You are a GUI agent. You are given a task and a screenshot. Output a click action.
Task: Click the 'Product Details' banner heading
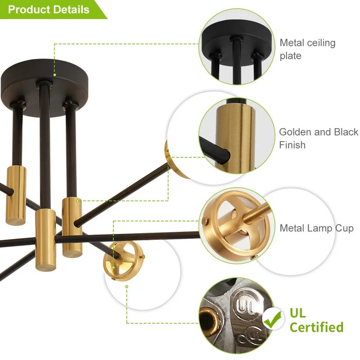pyautogui.click(x=49, y=9)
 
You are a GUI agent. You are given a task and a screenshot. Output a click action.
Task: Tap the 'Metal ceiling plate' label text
pyautogui.click(x=307, y=49)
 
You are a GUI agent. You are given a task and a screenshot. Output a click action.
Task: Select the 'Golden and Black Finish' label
pyautogui.click(x=319, y=138)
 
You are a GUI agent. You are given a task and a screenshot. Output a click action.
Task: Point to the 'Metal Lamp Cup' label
pyautogui.click(x=317, y=228)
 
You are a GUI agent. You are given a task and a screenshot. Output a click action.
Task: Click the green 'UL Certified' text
pyautogui.click(x=317, y=320)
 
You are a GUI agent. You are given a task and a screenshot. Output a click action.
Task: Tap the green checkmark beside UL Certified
pyautogui.click(x=273, y=319)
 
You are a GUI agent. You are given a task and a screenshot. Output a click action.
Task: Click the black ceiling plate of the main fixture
pyautogui.click(x=44, y=88)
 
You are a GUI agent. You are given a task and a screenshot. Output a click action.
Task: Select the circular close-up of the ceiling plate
pyautogui.click(x=237, y=47)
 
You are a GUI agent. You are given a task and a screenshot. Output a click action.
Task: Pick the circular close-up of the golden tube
pyautogui.click(x=237, y=136)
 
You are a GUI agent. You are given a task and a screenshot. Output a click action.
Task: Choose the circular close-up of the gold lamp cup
pyautogui.click(x=237, y=226)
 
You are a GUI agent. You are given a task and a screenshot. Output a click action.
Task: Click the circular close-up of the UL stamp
pyautogui.click(x=237, y=316)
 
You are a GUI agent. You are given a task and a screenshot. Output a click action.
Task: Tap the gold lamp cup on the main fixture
pyautogui.click(x=124, y=261)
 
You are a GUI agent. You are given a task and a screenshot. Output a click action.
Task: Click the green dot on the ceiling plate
pyautogui.click(x=54, y=75)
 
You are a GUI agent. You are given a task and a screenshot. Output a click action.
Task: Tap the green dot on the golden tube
pyautogui.click(x=77, y=201)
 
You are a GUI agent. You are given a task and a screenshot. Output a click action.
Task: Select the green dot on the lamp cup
pyautogui.click(x=113, y=268)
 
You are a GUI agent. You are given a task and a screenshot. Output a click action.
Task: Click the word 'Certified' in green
pyautogui.click(x=317, y=327)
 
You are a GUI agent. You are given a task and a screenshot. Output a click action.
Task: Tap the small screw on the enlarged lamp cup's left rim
pyautogui.click(x=205, y=221)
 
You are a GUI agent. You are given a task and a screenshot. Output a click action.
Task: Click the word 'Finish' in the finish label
pyautogui.click(x=292, y=145)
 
